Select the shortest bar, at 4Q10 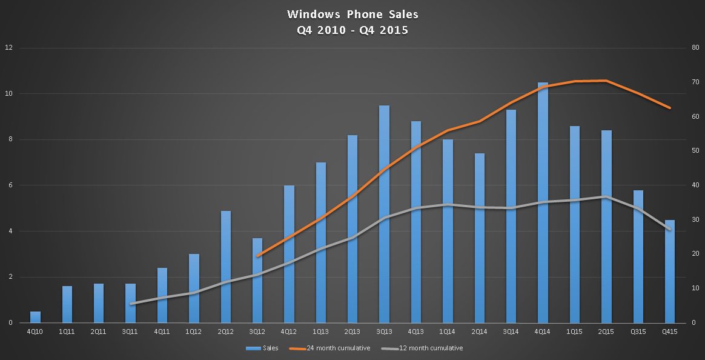(35, 317)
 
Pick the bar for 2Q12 (225, 267)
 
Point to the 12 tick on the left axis (8, 48)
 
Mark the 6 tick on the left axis (9, 185)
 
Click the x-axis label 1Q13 (321, 332)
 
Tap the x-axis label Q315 (638, 332)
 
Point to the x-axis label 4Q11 (162, 332)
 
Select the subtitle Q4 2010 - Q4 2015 (352, 30)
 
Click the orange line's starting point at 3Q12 (257, 256)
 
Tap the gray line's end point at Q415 (669, 229)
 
